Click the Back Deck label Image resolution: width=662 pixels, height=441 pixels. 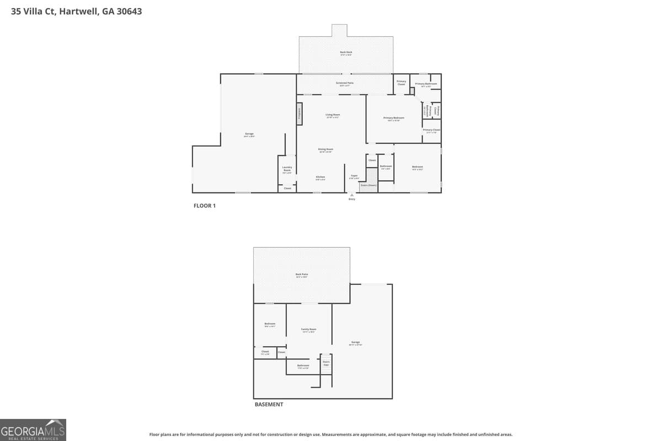point(346,53)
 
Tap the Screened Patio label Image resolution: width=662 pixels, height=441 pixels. point(346,84)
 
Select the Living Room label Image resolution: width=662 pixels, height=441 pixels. point(333,115)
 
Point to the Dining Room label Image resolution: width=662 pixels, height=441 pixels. point(325,150)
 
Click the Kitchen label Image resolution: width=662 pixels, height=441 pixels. point(320,178)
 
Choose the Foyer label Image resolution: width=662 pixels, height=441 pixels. point(354,176)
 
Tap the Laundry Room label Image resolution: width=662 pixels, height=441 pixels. point(287,169)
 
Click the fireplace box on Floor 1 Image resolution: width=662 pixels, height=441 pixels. point(300,114)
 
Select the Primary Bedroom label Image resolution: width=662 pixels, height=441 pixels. point(394,119)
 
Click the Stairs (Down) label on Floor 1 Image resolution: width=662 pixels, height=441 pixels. point(368,185)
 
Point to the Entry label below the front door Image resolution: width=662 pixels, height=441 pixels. point(352,199)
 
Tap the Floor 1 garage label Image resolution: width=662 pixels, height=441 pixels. point(249,135)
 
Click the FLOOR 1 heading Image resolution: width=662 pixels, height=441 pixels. point(205,206)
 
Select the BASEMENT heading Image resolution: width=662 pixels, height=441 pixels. point(269,404)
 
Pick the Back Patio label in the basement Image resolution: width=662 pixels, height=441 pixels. point(302,275)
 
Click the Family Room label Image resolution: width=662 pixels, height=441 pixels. point(308,330)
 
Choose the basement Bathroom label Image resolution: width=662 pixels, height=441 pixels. point(303,366)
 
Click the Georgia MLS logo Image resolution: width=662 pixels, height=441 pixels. point(33,429)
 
